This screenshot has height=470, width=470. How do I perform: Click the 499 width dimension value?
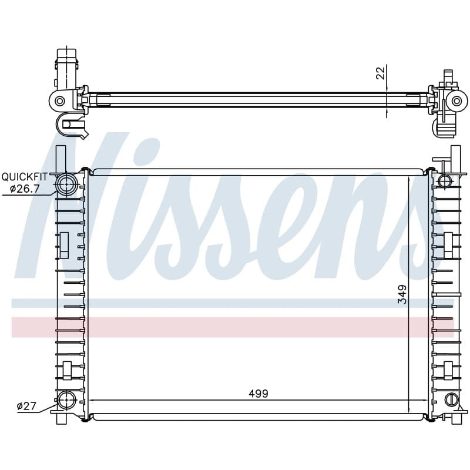click(258, 394)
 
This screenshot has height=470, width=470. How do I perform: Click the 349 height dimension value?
click(402, 294)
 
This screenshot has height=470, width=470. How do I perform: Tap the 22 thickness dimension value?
click(380, 73)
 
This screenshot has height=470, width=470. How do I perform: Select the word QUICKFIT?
click(25, 177)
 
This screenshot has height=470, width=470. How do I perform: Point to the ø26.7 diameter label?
click(25, 189)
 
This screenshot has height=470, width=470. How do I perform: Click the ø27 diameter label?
click(26, 406)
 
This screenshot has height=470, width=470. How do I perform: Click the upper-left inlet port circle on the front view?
click(66, 184)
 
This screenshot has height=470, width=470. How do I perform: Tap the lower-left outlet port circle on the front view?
click(66, 400)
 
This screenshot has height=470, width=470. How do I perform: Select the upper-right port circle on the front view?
click(445, 181)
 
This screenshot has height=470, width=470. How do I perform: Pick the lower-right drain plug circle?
click(451, 399)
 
